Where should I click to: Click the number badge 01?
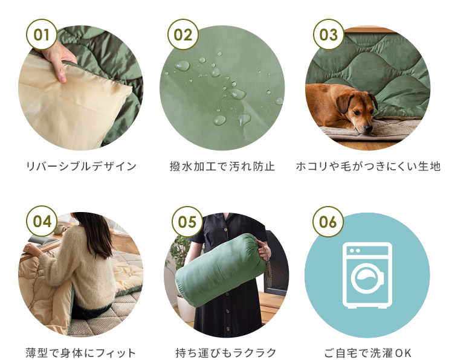(x=42, y=34)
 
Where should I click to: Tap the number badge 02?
(x=183, y=34)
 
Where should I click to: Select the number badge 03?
(x=329, y=34)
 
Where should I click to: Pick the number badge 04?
(x=42, y=221)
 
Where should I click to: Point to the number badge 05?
(x=187, y=222)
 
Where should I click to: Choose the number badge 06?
(x=328, y=222)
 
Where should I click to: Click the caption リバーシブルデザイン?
(x=82, y=166)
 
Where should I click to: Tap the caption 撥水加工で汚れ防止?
(x=222, y=166)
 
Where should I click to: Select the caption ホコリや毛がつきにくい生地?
(x=369, y=166)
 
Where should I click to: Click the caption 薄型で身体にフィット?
(x=80, y=353)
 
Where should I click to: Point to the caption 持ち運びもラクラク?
(x=226, y=353)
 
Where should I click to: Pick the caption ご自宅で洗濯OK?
(x=367, y=353)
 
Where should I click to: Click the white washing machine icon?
(x=367, y=275)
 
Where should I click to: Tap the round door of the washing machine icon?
(x=367, y=279)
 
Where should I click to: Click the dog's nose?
(x=368, y=129)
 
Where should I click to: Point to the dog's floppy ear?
(x=344, y=103)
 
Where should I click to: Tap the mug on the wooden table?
(x=60, y=229)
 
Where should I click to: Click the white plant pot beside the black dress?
(x=185, y=307)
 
